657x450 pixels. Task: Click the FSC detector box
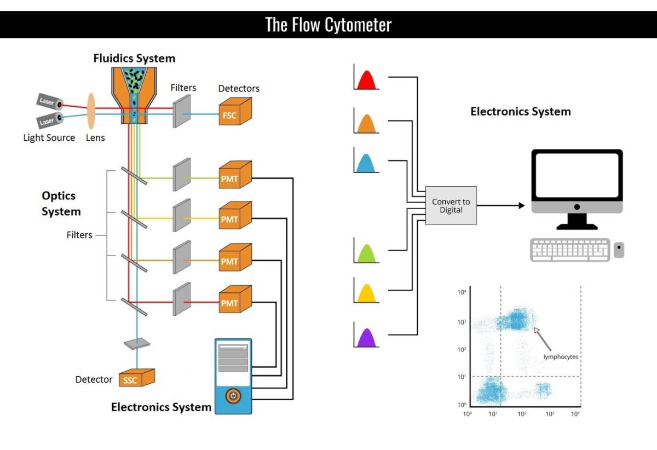point(235,112)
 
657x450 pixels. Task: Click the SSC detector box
point(137,378)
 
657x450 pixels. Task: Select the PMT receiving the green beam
point(235,175)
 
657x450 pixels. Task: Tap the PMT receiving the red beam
point(235,299)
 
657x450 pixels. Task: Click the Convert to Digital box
point(451,205)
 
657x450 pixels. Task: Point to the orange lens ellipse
point(91,111)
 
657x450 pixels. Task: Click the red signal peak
point(367,80)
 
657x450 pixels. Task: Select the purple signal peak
point(367,338)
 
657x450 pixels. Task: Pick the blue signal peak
point(366,163)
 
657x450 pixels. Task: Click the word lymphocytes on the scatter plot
point(561,357)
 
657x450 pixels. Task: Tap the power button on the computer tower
point(233,396)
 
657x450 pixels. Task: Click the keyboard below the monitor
point(570,250)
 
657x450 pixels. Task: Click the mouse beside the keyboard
point(619,250)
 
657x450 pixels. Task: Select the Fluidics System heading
point(134,58)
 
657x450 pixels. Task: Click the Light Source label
point(49,137)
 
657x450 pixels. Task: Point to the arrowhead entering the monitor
point(522,205)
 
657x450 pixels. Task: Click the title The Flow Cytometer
point(328,25)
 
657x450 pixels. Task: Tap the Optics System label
point(61,203)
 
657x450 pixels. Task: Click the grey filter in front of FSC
point(182,111)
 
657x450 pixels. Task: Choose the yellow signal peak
point(367,293)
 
